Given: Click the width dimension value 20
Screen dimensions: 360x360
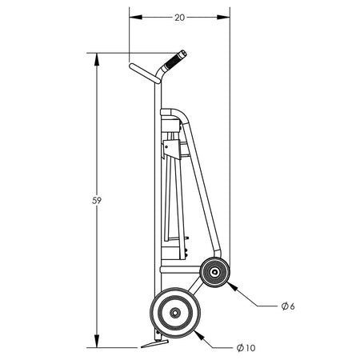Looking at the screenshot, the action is pyautogui.click(x=179, y=18).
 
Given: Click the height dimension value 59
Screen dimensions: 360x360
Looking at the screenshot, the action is pyautogui.click(x=97, y=201).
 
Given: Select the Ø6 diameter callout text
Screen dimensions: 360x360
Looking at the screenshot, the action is pyautogui.click(x=288, y=306).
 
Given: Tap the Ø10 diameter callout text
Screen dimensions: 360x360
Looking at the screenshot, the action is pyautogui.click(x=246, y=348).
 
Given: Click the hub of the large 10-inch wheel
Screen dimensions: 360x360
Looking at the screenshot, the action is pyautogui.click(x=175, y=313).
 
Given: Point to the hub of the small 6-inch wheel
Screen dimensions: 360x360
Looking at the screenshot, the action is pyautogui.click(x=214, y=272).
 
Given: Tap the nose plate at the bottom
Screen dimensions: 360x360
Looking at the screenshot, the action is pyautogui.click(x=154, y=343).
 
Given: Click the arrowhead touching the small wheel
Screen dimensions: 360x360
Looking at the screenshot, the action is pyautogui.click(x=231, y=286).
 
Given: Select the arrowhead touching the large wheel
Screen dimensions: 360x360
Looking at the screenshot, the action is pyautogui.click(x=199, y=335).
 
